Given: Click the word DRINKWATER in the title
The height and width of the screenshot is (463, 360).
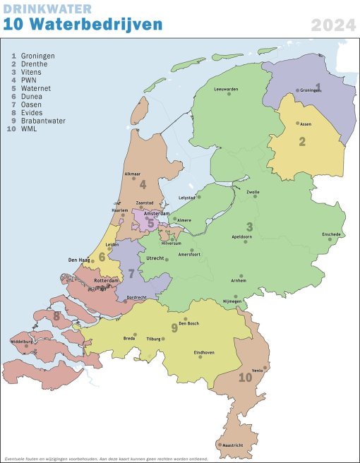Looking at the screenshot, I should [x=47, y=8].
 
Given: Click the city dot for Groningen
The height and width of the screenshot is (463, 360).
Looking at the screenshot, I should [x=297, y=90].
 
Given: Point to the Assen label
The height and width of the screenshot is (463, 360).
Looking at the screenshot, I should [x=306, y=124].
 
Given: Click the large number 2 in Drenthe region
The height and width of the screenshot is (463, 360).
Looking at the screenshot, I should [x=301, y=141].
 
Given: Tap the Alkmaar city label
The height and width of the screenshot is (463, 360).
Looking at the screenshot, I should [x=133, y=174].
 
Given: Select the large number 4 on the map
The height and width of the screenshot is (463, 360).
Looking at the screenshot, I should [x=143, y=185].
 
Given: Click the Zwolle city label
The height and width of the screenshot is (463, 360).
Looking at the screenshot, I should [x=253, y=191].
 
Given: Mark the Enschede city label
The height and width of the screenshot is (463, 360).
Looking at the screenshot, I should [x=331, y=234].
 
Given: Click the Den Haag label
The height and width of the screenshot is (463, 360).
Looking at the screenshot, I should [x=77, y=260].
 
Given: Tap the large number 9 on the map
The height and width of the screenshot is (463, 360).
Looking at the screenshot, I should [x=174, y=327].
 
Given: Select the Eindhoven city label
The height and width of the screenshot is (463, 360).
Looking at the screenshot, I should [x=204, y=352].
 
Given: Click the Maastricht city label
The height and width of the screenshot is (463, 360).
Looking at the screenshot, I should [x=232, y=446].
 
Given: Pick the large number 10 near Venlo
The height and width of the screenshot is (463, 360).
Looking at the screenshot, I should [x=245, y=378].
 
